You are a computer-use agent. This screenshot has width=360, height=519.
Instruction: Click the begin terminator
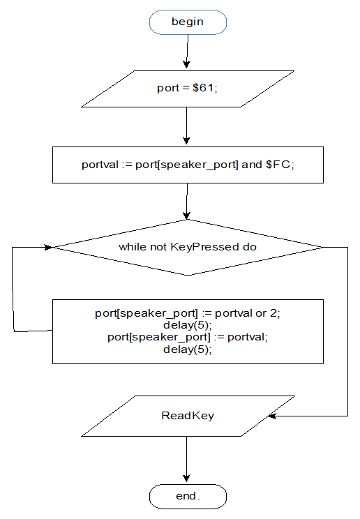[188, 22]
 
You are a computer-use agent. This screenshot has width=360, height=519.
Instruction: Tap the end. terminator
[188, 496]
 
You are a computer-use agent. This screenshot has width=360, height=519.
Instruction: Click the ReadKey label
[188, 415]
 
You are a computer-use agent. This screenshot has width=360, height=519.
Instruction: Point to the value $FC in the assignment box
[278, 164]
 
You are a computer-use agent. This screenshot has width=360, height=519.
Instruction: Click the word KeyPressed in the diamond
[204, 247]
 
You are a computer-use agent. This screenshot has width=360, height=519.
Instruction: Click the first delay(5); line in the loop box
[188, 325]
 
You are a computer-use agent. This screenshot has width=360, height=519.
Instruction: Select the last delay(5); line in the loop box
[188, 349]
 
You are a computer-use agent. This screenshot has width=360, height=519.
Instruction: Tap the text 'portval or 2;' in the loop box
[248, 313]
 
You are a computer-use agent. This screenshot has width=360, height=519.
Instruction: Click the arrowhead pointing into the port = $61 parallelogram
[186, 65]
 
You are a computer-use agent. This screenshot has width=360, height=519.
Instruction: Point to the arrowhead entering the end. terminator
[186, 479]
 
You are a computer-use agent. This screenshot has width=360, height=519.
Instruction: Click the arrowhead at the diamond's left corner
[49, 247]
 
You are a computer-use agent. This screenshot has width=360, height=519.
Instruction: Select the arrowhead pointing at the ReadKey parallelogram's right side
[272, 416]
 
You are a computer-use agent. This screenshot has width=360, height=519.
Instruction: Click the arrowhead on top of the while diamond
[186, 215]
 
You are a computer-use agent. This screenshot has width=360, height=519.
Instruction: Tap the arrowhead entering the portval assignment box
[186, 141]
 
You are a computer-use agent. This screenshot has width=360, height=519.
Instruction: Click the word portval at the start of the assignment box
[100, 165]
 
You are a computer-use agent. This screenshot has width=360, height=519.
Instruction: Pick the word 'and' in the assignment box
[251, 164]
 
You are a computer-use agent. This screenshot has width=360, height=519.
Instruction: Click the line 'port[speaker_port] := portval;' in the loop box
[188, 337]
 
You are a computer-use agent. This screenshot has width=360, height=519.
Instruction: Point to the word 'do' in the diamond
[249, 247]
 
